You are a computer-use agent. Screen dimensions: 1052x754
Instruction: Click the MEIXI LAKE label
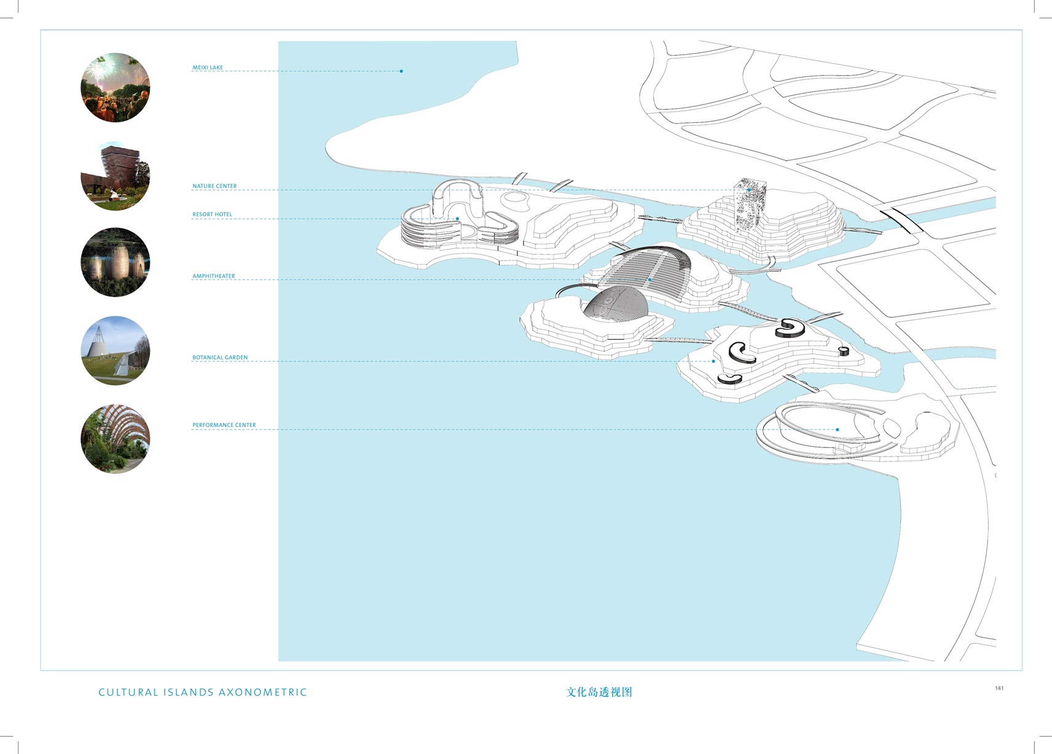click(208, 68)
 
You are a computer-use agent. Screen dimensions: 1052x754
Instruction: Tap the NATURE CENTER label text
click(214, 186)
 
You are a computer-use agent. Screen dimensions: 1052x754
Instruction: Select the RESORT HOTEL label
click(212, 214)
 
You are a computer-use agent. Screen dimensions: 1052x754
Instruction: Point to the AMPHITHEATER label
click(214, 277)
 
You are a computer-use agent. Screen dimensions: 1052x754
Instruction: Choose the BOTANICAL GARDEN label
click(220, 358)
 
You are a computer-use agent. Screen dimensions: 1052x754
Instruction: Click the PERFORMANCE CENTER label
click(224, 425)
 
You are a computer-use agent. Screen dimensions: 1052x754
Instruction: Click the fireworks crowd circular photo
click(116, 87)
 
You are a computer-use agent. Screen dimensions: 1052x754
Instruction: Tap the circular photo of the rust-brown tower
click(116, 176)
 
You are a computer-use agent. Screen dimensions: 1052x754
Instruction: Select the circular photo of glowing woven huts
click(116, 262)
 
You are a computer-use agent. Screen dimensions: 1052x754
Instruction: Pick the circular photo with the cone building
click(116, 350)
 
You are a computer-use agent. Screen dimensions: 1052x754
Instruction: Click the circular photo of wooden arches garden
click(116, 439)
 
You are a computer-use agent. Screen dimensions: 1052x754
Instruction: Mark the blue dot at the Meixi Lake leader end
click(401, 71)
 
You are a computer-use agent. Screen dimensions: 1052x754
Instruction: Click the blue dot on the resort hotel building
click(457, 219)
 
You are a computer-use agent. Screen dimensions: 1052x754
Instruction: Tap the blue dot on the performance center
click(838, 430)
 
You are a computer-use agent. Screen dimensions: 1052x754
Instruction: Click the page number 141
click(999, 688)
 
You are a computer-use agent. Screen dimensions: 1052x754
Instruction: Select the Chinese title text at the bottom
click(599, 692)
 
